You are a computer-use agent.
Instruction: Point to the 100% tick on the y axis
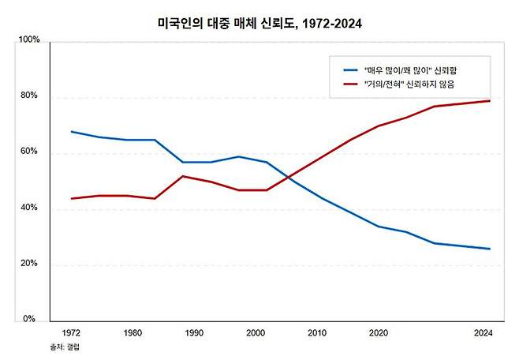coord(28,40)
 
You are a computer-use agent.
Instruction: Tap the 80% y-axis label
coord(30,96)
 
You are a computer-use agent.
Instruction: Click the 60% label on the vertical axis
coord(30,152)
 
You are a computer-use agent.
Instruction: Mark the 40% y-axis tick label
coord(30,208)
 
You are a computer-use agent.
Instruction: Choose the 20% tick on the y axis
coord(30,264)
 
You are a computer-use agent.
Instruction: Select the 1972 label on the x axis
coord(70,334)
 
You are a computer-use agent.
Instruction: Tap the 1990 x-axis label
coord(193,334)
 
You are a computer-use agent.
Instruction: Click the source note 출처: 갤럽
coord(65,347)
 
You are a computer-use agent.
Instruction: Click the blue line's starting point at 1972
coord(71,132)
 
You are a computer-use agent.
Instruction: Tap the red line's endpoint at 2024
coord(490,101)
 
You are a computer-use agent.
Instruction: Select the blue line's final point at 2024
coord(490,249)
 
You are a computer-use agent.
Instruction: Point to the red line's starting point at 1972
coord(71,198)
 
